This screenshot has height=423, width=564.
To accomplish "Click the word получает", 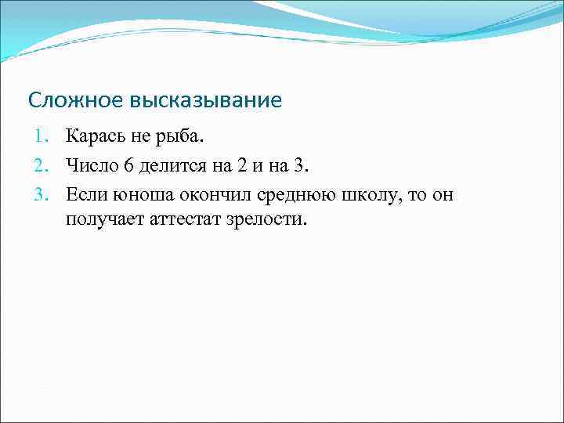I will [99, 219].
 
